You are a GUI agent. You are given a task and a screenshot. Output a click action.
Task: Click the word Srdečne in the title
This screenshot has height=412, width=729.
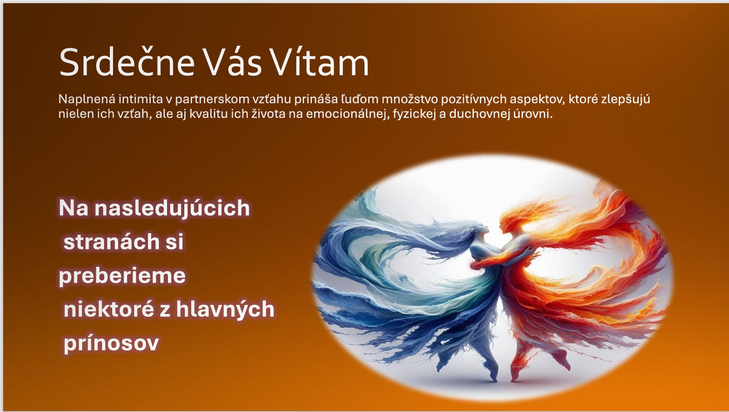point(127,62)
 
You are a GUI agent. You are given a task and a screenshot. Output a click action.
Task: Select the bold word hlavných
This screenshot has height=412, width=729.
point(225,309)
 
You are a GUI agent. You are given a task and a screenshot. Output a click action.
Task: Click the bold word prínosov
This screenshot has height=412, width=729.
point(111,343)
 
